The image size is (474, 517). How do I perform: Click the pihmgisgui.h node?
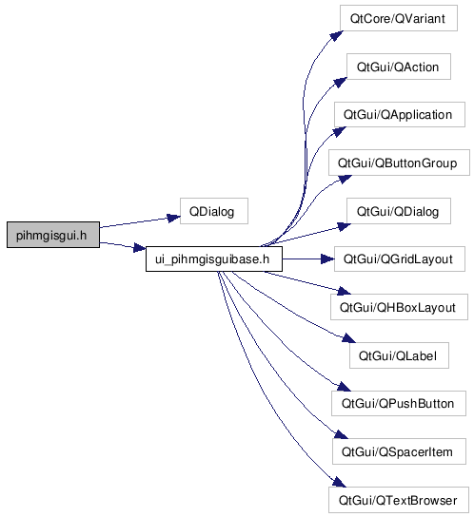[x=53, y=235]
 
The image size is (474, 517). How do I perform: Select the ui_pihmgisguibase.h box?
[x=214, y=258]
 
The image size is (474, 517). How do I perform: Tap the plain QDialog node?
[x=214, y=211]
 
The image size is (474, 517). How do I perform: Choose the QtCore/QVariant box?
[x=399, y=18]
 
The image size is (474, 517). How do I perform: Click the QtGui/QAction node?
[x=399, y=67]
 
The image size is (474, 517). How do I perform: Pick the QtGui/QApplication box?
[x=400, y=114]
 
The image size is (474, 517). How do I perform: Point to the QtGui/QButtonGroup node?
[x=399, y=163]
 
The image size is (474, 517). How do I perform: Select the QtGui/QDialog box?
[x=399, y=211]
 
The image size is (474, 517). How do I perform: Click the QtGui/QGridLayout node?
[x=400, y=258]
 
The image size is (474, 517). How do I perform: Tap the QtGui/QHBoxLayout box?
[x=399, y=307]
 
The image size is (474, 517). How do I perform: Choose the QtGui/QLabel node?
[x=399, y=355]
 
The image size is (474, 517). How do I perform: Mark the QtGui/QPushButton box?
[x=399, y=403]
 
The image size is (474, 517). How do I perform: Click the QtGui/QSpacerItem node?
[x=399, y=451]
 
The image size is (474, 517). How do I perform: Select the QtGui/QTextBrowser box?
[x=399, y=500]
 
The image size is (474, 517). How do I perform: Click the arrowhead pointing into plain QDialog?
[x=173, y=218]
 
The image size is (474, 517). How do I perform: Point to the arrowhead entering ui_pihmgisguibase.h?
[x=139, y=248]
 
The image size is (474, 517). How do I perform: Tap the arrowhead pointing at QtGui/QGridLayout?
[x=327, y=258]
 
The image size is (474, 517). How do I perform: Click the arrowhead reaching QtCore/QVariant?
[x=337, y=35]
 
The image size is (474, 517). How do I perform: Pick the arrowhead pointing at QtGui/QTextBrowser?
[x=340, y=483]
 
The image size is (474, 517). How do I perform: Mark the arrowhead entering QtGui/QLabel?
[x=348, y=338]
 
